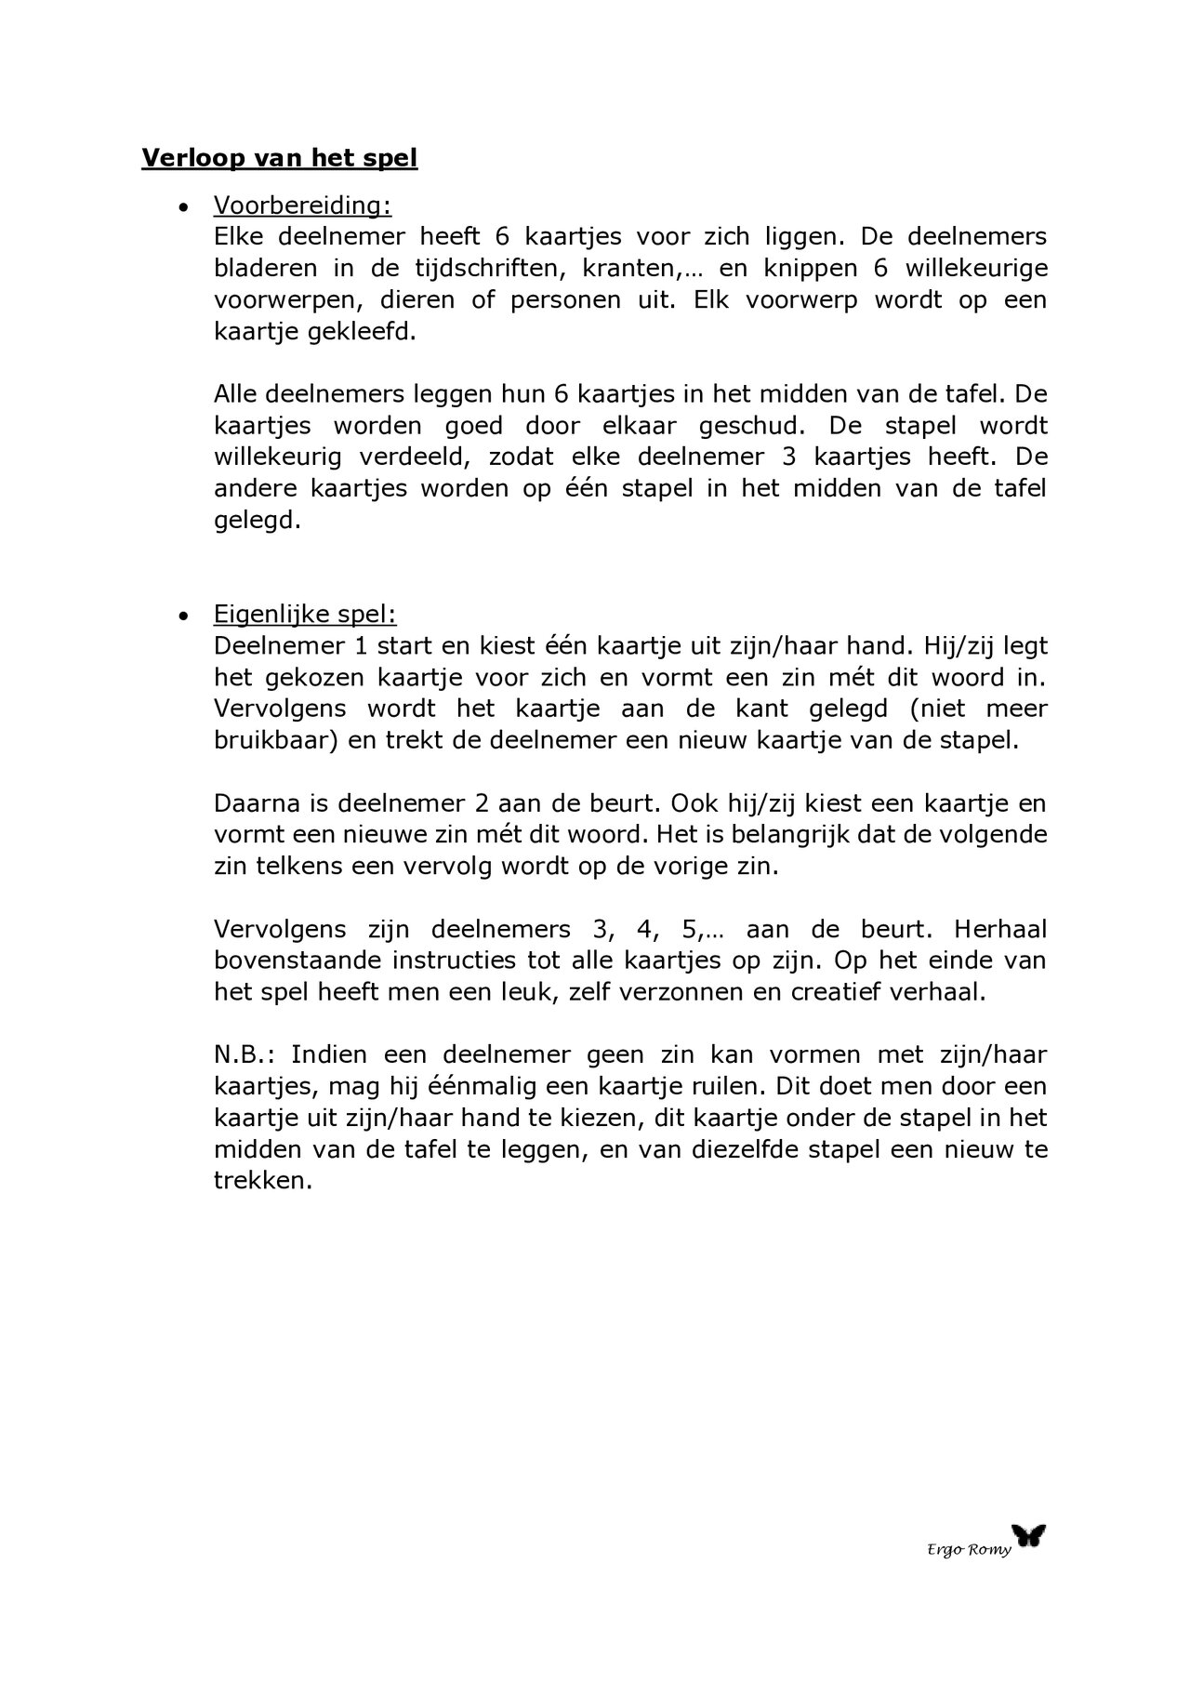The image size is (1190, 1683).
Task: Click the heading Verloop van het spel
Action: coord(279,158)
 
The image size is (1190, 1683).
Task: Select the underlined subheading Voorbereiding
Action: coord(302,205)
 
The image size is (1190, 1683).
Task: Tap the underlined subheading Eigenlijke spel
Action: coord(305,615)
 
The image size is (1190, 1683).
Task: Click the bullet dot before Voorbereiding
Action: coord(184,206)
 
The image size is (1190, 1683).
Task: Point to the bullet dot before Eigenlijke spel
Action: coord(184,616)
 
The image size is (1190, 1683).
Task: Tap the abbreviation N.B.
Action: coord(245,1054)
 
